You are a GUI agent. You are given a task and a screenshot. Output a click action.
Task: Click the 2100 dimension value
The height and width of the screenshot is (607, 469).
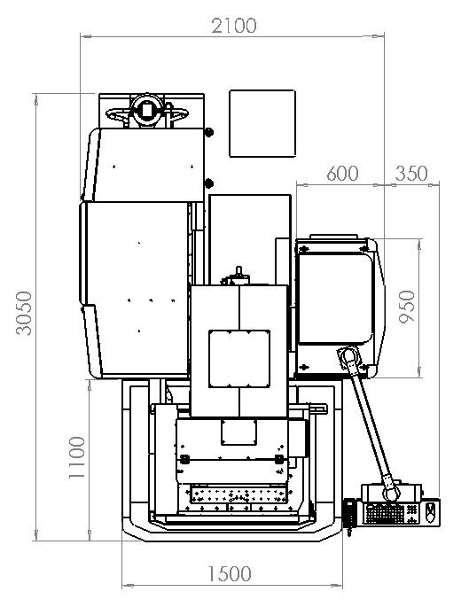coord(233,26)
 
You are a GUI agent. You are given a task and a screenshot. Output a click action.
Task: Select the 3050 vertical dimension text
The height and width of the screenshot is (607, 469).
coord(24,313)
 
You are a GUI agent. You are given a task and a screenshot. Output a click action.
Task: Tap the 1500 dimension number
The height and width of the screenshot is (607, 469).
coord(230,573)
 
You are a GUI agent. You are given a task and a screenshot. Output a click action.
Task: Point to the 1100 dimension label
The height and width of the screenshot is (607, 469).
coord(76,457)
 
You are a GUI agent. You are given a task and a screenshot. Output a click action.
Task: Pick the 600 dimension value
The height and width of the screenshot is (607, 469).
coord(342,173)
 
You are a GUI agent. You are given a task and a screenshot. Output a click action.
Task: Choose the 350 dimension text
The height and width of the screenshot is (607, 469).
coord(411,173)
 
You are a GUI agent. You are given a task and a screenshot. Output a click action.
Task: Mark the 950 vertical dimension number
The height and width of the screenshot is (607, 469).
coord(407,307)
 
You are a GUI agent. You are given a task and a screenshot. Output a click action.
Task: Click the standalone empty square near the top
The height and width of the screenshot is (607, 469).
coord(262,123)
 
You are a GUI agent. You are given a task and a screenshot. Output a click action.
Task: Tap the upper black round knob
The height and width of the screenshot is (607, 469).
coord(208,132)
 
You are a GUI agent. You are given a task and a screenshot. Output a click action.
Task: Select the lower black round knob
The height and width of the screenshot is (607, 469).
coord(208,183)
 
